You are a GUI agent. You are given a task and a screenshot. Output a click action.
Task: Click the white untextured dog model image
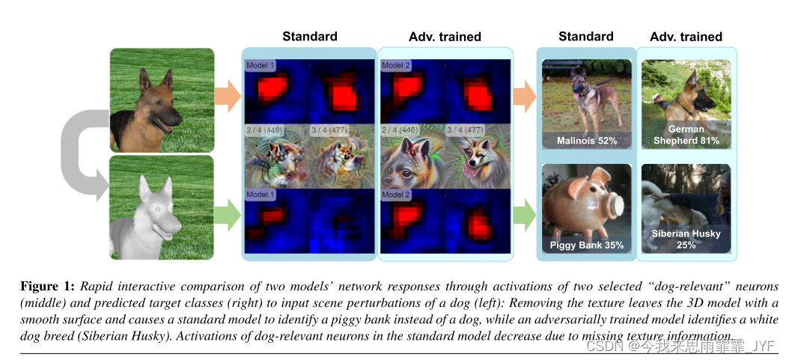click(x=161, y=207)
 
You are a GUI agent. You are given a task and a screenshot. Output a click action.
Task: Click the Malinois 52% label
click(x=586, y=140)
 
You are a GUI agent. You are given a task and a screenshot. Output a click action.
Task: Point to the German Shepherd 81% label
click(x=686, y=135)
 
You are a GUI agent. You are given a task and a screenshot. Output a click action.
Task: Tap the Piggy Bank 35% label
click(x=586, y=245)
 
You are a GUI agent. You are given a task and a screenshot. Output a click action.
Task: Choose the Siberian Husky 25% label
click(x=686, y=239)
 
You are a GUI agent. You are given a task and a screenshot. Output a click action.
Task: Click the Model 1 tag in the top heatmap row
click(x=261, y=66)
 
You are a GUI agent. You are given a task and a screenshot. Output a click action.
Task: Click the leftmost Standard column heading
click(x=309, y=36)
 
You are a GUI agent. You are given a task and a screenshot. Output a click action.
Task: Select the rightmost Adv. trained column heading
click(x=686, y=36)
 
